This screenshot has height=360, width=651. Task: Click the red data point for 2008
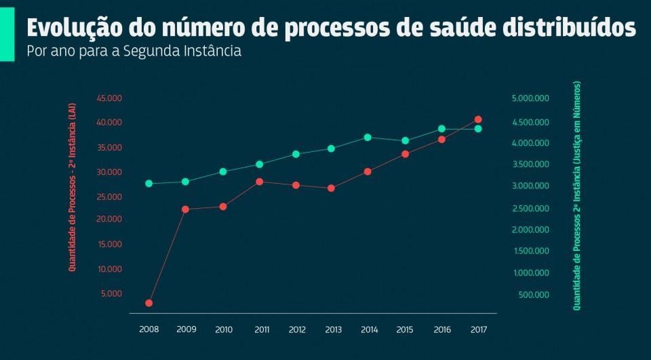click(x=149, y=303)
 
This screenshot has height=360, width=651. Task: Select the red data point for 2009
click(x=185, y=209)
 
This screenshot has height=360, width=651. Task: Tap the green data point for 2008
click(x=149, y=184)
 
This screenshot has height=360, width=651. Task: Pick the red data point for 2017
click(x=478, y=119)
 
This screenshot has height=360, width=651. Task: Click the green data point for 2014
click(x=368, y=137)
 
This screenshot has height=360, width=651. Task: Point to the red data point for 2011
click(x=259, y=182)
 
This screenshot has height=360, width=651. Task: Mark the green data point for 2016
click(x=441, y=128)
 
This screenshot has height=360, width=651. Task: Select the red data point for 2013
click(x=332, y=188)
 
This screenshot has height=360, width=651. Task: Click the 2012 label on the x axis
click(x=297, y=329)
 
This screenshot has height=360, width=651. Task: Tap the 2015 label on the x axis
click(x=405, y=329)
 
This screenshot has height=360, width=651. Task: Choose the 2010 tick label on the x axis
click(x=224, y=329)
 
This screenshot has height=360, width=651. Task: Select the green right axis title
click(x=577, y=196)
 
